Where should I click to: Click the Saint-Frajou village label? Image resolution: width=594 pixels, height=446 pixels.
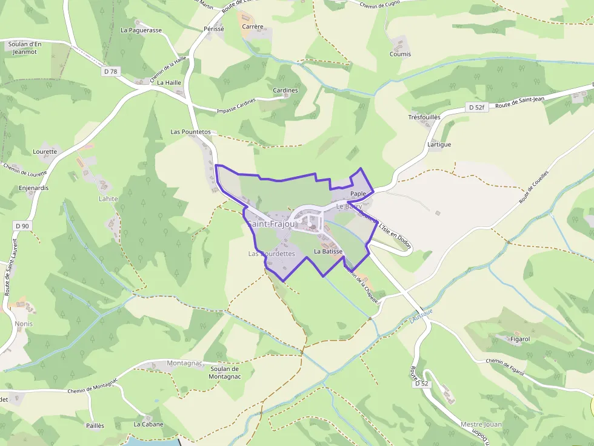[271, 225]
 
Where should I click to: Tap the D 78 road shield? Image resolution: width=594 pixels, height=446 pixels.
[110, 71]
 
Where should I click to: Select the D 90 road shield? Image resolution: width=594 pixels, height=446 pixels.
[22, 226]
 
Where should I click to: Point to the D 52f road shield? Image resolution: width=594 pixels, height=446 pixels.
[476, 107]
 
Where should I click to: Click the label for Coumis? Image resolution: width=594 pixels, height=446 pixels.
[400, 54]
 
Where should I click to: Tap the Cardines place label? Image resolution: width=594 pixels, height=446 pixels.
[285, 91]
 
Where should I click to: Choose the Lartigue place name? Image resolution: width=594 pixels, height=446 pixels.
[439, 145]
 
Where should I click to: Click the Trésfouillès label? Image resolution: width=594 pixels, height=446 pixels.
[424, 117]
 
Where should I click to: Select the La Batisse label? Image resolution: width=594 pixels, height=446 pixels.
[329, 251]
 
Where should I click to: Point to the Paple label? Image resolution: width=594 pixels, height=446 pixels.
[358, 194]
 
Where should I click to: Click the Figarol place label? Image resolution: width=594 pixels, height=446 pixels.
[516, 339]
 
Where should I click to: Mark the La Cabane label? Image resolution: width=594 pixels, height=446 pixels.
[148, 424]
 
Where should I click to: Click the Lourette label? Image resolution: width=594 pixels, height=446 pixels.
[45, 152]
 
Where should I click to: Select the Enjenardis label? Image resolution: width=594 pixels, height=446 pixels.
[34, 188]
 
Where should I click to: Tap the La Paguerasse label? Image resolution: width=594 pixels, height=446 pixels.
[141, 30]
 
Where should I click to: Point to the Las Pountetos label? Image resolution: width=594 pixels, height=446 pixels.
[190, 131]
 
